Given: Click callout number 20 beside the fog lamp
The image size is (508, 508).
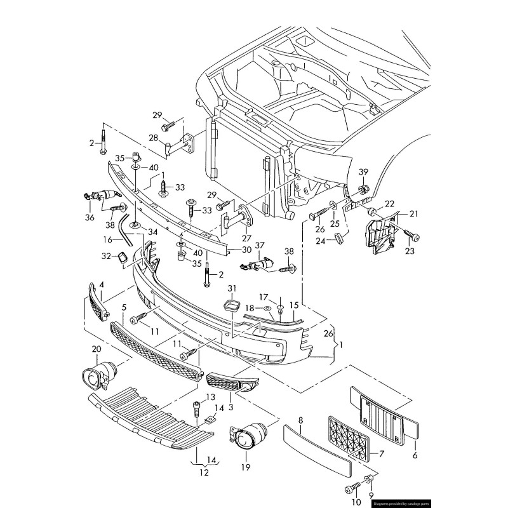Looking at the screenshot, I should click(x=97, y=350).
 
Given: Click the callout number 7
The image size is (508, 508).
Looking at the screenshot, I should click(x=381, y=453).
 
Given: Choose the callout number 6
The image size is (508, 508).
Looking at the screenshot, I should click(x=415, y=455).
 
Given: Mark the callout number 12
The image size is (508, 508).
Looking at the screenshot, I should click(x=204, y=472).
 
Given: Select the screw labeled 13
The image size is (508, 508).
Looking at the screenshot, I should click(x=197, y=406).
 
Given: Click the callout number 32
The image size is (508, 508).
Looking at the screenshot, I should click(x=105, y=257).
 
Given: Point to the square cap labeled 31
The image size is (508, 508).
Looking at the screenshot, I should click(x=232, y=304).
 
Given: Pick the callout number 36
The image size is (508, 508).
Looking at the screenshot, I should click(x=90, y=218).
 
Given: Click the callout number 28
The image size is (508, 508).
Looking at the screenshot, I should click(x=153, y=138).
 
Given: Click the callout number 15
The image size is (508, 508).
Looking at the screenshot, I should click(x=294, y=305).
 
